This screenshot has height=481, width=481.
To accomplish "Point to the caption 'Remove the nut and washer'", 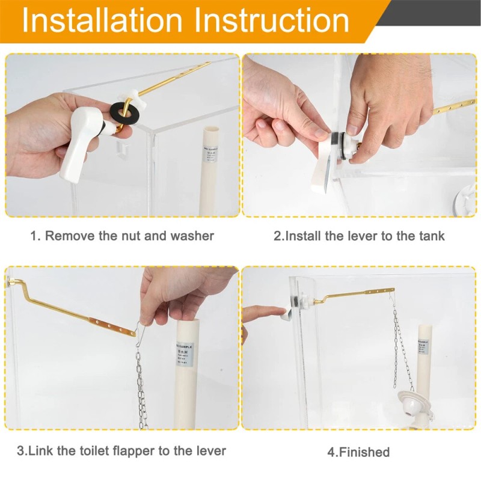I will point(122,236).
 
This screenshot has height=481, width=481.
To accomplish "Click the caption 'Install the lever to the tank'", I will point(359,236).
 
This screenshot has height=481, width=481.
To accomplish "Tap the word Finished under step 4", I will point(358,452).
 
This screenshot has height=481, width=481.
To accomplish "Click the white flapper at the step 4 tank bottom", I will point(415,400).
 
